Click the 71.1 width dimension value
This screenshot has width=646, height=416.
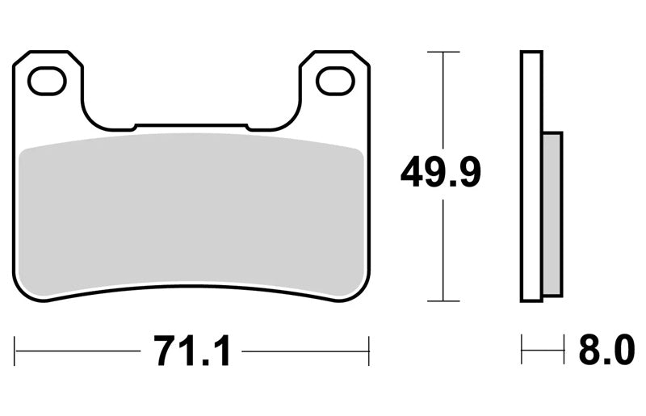[191, 351]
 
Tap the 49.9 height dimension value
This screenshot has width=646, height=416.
[440, 172]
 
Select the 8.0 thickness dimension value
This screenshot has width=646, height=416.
[606, 351]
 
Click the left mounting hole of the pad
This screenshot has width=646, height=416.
[47, 81]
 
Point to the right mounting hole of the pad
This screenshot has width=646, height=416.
[335, 81]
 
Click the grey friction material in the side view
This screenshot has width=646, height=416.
[552, 214]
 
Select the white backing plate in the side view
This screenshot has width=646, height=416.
[531, 176]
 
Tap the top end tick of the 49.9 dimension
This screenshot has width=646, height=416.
[443, 52]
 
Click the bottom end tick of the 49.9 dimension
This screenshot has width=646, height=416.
[443, 301]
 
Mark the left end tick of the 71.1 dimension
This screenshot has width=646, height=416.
[15, 351]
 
